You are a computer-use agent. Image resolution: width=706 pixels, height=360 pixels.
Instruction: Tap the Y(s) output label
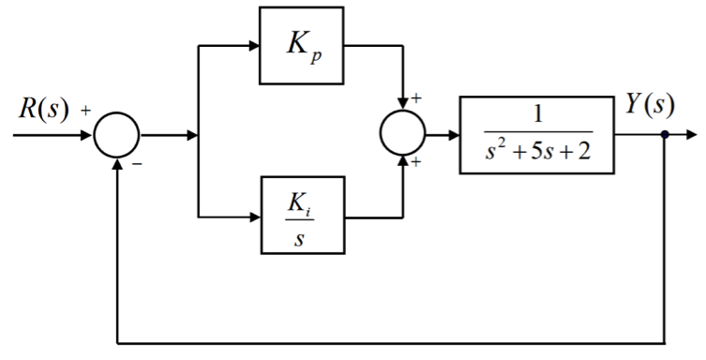(x=649, y=103)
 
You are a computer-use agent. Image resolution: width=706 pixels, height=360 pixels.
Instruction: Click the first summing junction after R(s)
(x=116, y=135)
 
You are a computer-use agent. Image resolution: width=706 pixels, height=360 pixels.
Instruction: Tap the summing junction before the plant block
(x=403, y=135)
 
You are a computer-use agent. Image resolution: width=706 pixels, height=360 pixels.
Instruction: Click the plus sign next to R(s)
(x=85, y=111)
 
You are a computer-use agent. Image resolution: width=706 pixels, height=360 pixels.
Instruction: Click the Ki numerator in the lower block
(x=300, y=202)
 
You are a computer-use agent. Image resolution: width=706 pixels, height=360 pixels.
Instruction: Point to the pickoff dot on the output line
(x=666, y=135)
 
